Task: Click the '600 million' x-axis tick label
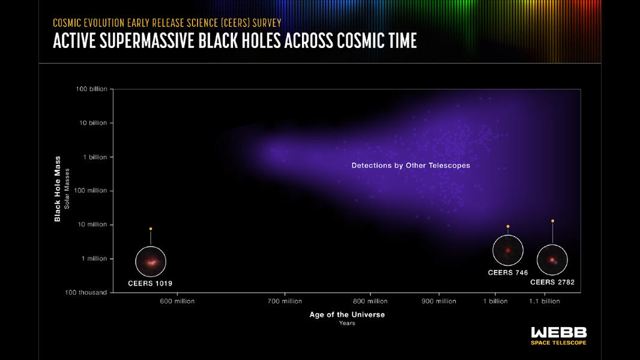tap(177, 301)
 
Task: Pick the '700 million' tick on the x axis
tap(285, 301)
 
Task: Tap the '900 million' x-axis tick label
tap(439, 301)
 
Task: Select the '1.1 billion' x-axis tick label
tap(544, 301)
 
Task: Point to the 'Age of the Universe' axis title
tap(347, 314)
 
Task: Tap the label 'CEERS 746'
tap(508, 272)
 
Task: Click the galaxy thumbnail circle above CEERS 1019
tap(150, 262)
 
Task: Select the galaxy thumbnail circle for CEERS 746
tap(508, 250)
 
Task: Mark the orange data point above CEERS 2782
tap(552, 221)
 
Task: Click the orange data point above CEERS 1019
tap(151, 229)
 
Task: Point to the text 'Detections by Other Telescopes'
tap(411, 165)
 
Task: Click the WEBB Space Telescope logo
tap(558, 335)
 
